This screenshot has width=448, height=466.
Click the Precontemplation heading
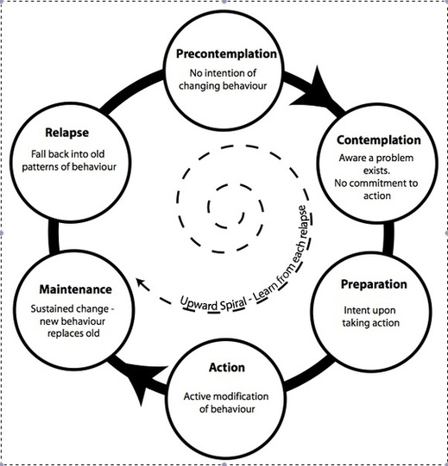(x=226, y=54)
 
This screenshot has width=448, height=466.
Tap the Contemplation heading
(x=379, y=140)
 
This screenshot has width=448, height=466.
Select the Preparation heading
(x=374, y=284)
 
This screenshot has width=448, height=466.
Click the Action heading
(x=227, y=367)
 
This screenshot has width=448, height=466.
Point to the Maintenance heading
(x=76, y=289)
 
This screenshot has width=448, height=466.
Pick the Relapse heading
(x=67, y=133)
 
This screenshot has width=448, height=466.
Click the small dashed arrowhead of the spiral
(x=142, y=283)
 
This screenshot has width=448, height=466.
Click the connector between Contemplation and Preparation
(x=388, y=238)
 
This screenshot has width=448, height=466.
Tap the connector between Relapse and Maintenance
(x=54, y=236)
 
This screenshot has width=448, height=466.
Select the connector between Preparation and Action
(x=308, y=373)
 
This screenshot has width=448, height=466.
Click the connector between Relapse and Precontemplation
(x=131, y=90)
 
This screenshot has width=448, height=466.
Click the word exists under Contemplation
(x=376, y=171)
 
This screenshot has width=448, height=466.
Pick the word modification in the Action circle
(x=241, y=396)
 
